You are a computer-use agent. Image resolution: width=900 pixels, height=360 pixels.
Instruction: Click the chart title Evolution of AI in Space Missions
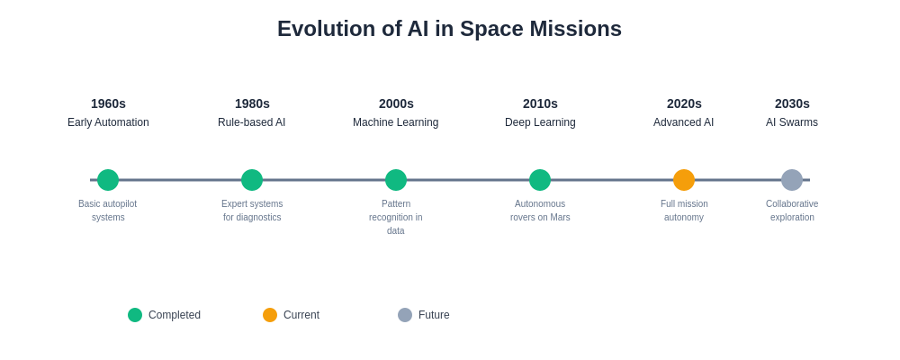[x=449, y=29]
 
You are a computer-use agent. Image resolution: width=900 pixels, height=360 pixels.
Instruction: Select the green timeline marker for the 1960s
[x=108, y=180]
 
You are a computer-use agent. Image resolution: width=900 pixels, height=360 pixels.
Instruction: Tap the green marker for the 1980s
[x=252, y=180]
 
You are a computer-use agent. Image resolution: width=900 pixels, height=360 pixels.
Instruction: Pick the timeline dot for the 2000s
[x=396, y=180]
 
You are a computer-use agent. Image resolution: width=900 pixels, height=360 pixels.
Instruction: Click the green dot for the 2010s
[x=540, y=180]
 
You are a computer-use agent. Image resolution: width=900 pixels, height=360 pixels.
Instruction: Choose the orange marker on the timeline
[x=684, y=180]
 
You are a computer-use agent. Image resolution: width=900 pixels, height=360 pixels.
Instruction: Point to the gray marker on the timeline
[x=792, y=180]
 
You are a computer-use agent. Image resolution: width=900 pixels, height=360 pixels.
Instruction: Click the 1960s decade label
[x=109, y=103]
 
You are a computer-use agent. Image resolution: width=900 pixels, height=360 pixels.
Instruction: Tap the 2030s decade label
[x=792, y=103]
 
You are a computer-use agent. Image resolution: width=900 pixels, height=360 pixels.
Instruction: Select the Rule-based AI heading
[x=251, y=122]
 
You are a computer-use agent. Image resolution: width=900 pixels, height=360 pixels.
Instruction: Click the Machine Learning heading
[x=395, y=122]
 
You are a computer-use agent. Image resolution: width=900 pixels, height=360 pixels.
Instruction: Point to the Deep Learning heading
[x=540, y=122]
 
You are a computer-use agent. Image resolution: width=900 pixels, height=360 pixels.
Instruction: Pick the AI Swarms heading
[x=792, y=122]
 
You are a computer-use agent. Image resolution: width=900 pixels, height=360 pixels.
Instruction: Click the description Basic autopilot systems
[x=108, y=211]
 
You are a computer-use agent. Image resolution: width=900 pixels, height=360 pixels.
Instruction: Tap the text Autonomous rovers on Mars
[x=540, y=211]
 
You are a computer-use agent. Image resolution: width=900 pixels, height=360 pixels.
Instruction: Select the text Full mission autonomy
[x=684, y=211]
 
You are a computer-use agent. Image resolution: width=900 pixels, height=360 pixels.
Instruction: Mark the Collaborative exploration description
[x=792, y=211]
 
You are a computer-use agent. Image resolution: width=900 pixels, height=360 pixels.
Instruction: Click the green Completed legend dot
[x=135, y=315]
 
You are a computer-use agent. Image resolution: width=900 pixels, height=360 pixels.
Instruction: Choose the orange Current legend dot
[x=270, y=315]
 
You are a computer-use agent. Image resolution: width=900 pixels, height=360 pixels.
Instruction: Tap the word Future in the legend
[x=434, y=315]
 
